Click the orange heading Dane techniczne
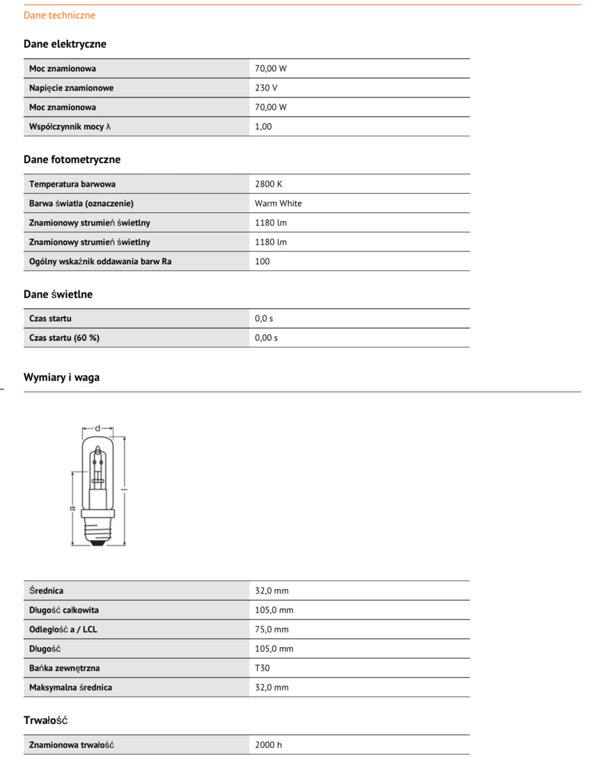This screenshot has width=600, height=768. (59, 15)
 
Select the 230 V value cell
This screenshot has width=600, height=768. (266, 88)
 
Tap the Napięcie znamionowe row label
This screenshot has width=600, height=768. (71, 88)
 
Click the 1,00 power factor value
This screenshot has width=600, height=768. (263, 127)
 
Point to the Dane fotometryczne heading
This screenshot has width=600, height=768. (72, 159)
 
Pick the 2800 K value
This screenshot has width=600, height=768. (268, 184)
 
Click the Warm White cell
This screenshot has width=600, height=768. (278, 204)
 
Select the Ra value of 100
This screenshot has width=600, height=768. (262, 262)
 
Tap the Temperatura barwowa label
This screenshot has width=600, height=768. (72, 184)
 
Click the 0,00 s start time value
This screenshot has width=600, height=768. (266, 338)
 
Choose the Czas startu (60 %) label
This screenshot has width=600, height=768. (64, 338)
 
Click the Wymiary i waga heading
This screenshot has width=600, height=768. (62, 377)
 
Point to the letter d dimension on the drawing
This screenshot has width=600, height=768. (98, 429)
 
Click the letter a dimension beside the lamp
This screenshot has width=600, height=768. (73, 507)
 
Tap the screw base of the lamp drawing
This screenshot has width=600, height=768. (98, 532)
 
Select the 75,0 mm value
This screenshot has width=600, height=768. (271, 630)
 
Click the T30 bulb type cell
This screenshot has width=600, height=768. (262, 668)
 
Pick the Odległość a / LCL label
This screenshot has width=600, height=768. (63, 630)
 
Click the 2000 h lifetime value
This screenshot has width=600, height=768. (268, 745)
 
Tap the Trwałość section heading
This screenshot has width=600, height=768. (45, 720)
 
